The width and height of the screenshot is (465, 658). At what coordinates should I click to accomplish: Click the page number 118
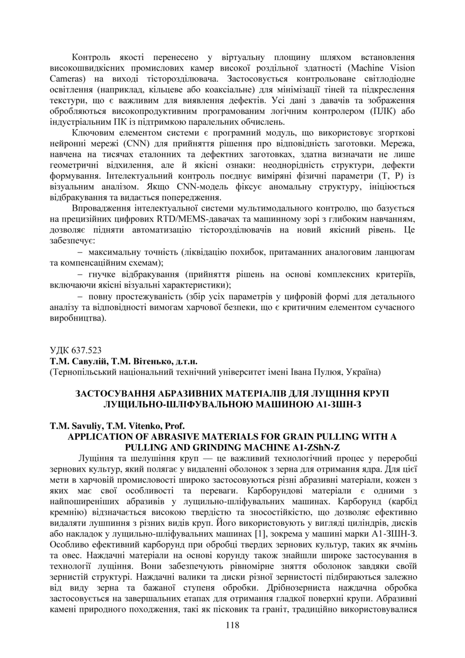pos(232,625)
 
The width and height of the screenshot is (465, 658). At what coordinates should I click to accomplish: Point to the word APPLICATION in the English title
pos(100,436)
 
